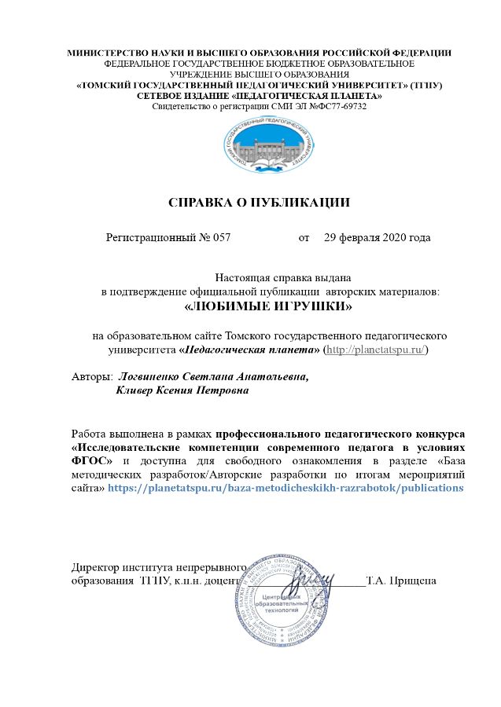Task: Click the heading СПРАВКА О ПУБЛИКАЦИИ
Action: [x=260, y=202]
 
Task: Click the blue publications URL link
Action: [x=285, y=487]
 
